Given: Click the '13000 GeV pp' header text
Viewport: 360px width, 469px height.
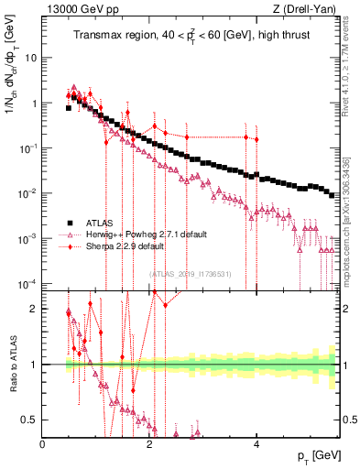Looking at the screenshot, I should coord(78,10).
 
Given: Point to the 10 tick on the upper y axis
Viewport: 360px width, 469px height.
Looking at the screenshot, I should coord(31,58).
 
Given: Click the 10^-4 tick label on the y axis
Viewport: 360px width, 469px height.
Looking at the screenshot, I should coord(27,282).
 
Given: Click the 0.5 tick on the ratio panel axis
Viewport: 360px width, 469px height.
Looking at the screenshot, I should coord(29,420).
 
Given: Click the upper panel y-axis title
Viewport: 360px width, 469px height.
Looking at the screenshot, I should coord(12,87).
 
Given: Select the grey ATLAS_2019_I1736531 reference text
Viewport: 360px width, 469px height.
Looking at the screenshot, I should coord(191,273).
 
